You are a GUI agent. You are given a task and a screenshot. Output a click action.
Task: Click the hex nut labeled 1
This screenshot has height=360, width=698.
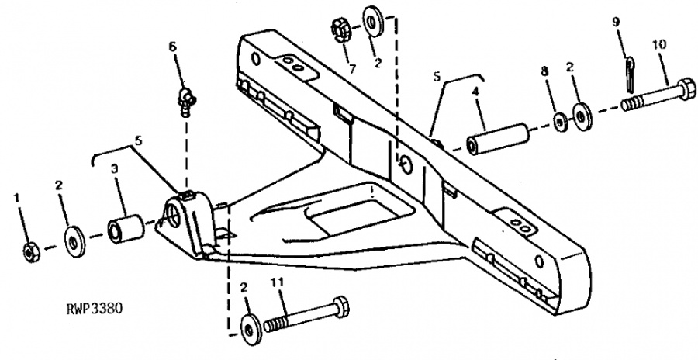pyautogui.click(x=31, y=253)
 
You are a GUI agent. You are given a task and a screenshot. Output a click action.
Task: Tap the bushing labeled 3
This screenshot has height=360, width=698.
pyautogui.click(x=126, y=229)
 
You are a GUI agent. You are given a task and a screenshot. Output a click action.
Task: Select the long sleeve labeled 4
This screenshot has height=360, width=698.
pyautogui.click(x=498, y=139)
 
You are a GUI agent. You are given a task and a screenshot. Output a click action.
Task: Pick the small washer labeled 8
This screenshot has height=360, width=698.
pyautogui.click(x=561, y=123)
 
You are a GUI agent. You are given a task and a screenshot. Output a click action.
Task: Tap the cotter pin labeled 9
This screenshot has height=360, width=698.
pyautogui.click(x=631, y=71)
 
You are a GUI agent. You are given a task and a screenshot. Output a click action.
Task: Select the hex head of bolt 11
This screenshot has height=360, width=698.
pyautogui.click(x=340, y=306)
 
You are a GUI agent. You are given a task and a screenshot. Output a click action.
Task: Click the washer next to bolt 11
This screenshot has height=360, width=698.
pyautogui.click(x=251, y=330)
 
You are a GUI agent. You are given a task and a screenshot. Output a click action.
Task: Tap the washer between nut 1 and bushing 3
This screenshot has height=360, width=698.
pyautogui.click(x=75, y=241)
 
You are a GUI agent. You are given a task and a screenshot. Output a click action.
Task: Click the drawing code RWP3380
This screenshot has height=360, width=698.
pyautogui.click(x=95, y=309)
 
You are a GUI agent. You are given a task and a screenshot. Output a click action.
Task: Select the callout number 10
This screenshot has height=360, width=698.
pyautogui.click(x=660, y=45)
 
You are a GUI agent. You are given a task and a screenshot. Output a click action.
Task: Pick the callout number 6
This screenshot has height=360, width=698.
pyautogui.click(x=173, y=46)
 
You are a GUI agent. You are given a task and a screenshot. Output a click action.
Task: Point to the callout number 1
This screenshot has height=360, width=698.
pyautogui.click(x=17, y=197)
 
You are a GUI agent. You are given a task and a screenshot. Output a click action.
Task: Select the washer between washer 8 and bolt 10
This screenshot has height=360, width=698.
pyautogui.click(x=582, y=117)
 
